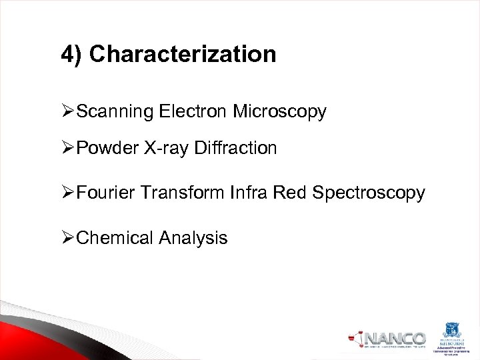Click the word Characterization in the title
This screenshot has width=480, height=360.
pyautogui.click(x=182, y=55)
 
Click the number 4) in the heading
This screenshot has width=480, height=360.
pyautogui.click(x=72, y=55)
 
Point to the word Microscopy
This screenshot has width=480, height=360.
pyautogui.click(x=279, y=112)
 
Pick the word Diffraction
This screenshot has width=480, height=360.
pyautogui.click(x=235, y=148)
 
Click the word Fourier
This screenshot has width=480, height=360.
pyautogui.click(x=107, y=193)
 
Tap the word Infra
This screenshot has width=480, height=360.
pyautogui.click(x=249, y=193)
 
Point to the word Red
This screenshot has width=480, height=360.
pyautogui.click(x=291, y=193)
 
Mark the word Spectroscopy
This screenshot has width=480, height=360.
pyautogui.click(x=369, y=193)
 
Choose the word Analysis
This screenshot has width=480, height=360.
pyautogui.click(x=193, y=238)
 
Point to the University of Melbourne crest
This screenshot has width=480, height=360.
pyautogui.click(x=452, y=331)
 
